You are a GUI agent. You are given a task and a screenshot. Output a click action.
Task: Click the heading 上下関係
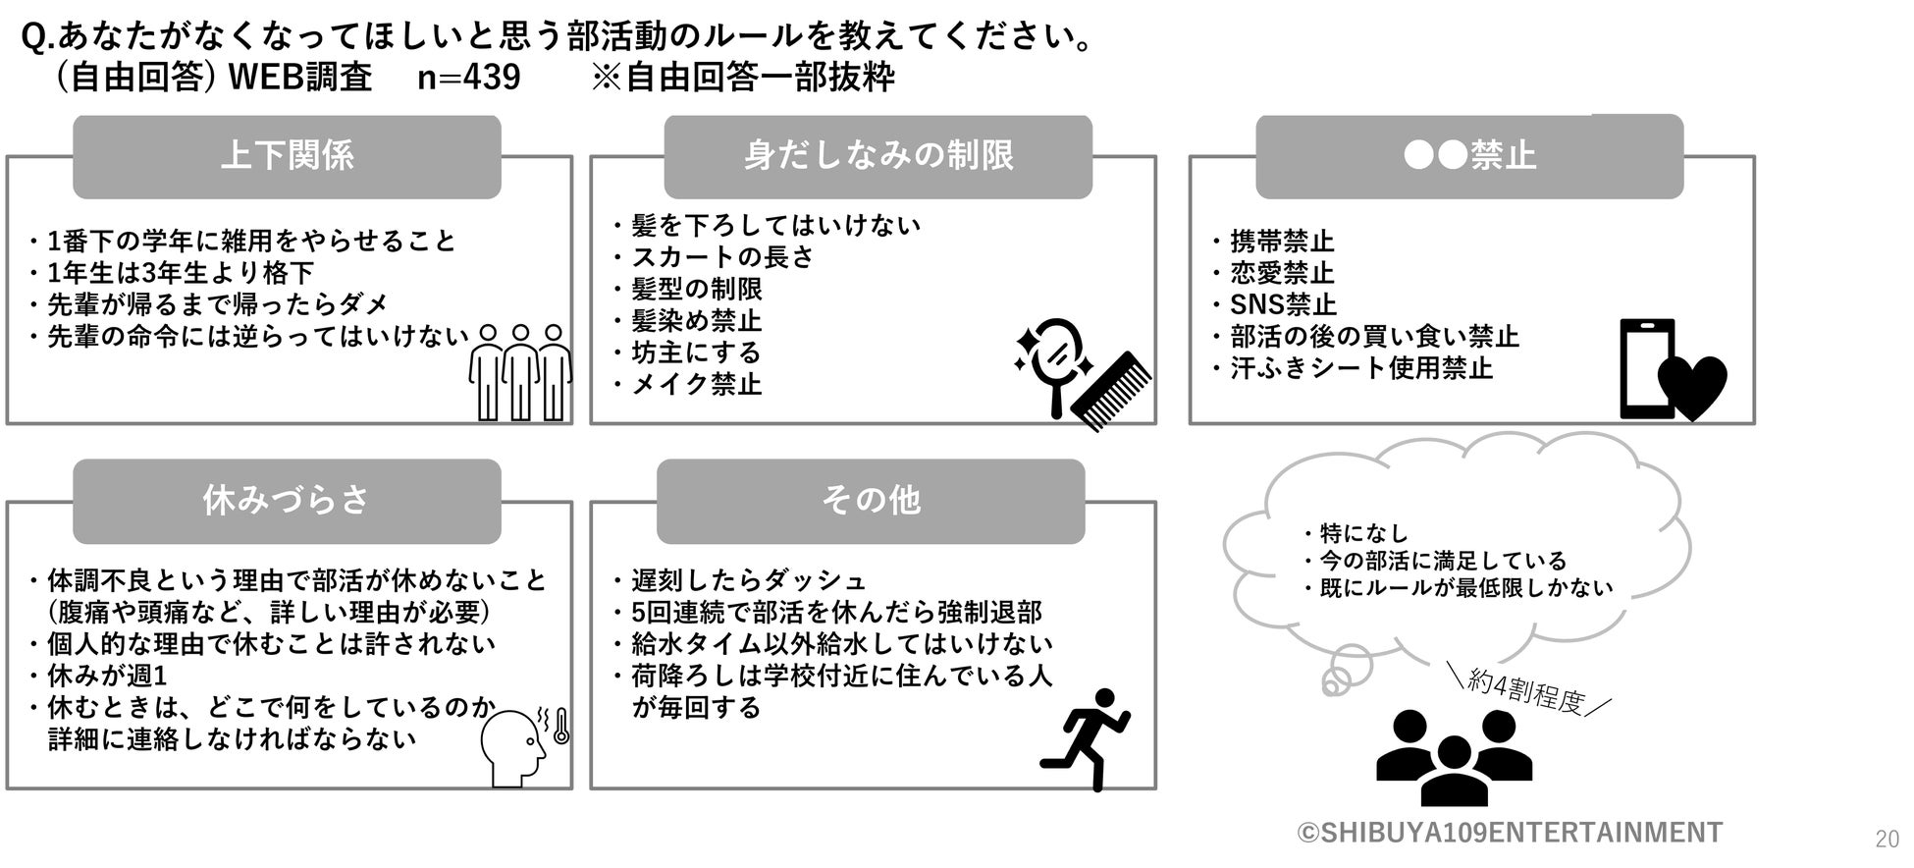click(x=287, y=156)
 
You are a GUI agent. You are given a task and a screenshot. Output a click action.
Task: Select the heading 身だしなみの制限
click(x=877, y=156)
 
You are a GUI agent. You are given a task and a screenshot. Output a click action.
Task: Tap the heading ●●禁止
click(x=1469, y=156)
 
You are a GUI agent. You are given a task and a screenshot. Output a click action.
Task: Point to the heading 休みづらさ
click(x=287, y=501)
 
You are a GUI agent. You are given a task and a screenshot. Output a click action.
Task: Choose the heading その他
click(x=871, y=501)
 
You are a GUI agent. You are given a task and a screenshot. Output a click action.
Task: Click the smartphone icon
click(x=1646, y=368)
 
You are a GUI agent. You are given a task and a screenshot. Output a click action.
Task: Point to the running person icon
click(x=1086, y=738)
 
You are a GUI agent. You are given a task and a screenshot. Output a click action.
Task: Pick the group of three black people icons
click(x=1454, y=757)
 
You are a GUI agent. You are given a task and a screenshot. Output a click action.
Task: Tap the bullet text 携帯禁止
click(x=1282, y=242)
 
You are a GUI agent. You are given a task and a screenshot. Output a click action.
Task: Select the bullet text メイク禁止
click(x=696, y=384)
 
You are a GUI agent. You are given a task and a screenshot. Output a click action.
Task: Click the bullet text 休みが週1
click(x=107, y=676)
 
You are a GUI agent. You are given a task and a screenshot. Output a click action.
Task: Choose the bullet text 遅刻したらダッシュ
click(x=749, y=580)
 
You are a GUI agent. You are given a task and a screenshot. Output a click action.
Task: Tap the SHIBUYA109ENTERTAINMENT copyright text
click(x=1510, y=833)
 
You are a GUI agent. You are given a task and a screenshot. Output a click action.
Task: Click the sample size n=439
click(x=468, y=78)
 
